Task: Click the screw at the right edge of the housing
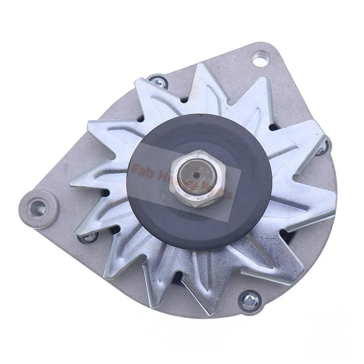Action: pos(322,148)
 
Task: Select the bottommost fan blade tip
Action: pos(199,313)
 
